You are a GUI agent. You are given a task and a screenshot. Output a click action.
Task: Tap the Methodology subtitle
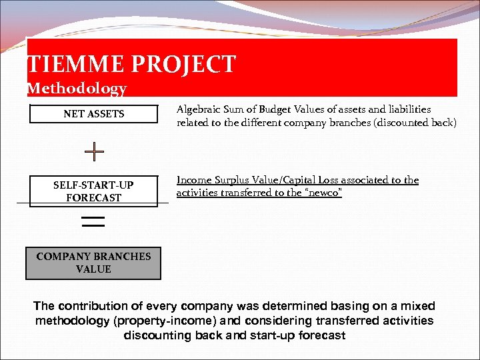(77, 88)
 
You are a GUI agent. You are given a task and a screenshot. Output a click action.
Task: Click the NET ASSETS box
(93, 114)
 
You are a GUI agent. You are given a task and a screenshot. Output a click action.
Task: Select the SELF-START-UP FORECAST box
(93, 191)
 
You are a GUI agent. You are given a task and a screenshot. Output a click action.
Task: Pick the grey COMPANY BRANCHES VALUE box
(93, 263)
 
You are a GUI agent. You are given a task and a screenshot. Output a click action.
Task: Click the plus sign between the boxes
(94, 152)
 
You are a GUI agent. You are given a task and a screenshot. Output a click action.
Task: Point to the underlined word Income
(194, 180)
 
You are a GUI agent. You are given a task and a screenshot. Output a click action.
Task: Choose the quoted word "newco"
(325, 193)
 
